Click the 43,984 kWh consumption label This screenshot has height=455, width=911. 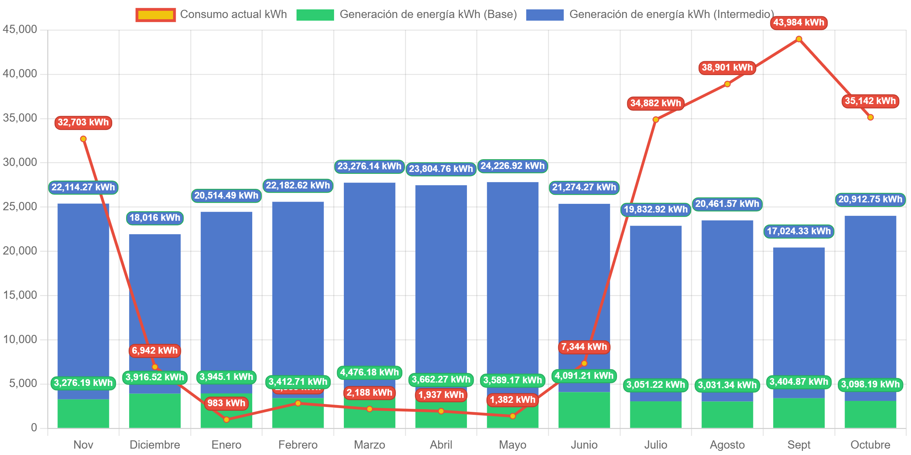coord(798,23)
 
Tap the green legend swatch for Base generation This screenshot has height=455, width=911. coord(315,15)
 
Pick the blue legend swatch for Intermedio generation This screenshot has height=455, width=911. coord(544,15)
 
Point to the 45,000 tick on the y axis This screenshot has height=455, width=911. coord(20,29)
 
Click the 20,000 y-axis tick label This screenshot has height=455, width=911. coord(20,251)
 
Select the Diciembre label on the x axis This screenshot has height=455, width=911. coord(155,445)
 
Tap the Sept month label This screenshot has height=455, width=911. coord(799,445)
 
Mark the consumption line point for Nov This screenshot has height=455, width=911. coord(83,139)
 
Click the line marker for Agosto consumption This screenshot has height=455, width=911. coord(727,84)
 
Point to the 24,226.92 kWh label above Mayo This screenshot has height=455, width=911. coord(512,166)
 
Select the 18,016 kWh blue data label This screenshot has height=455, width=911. coord(155,218)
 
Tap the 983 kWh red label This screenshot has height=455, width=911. coord(226,403)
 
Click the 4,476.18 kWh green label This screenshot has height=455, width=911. coord(369,372)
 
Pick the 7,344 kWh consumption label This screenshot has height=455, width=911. coord(584,347)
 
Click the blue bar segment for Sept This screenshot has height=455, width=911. coord(799,319)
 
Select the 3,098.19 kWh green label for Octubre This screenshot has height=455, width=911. coord(870,384)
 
